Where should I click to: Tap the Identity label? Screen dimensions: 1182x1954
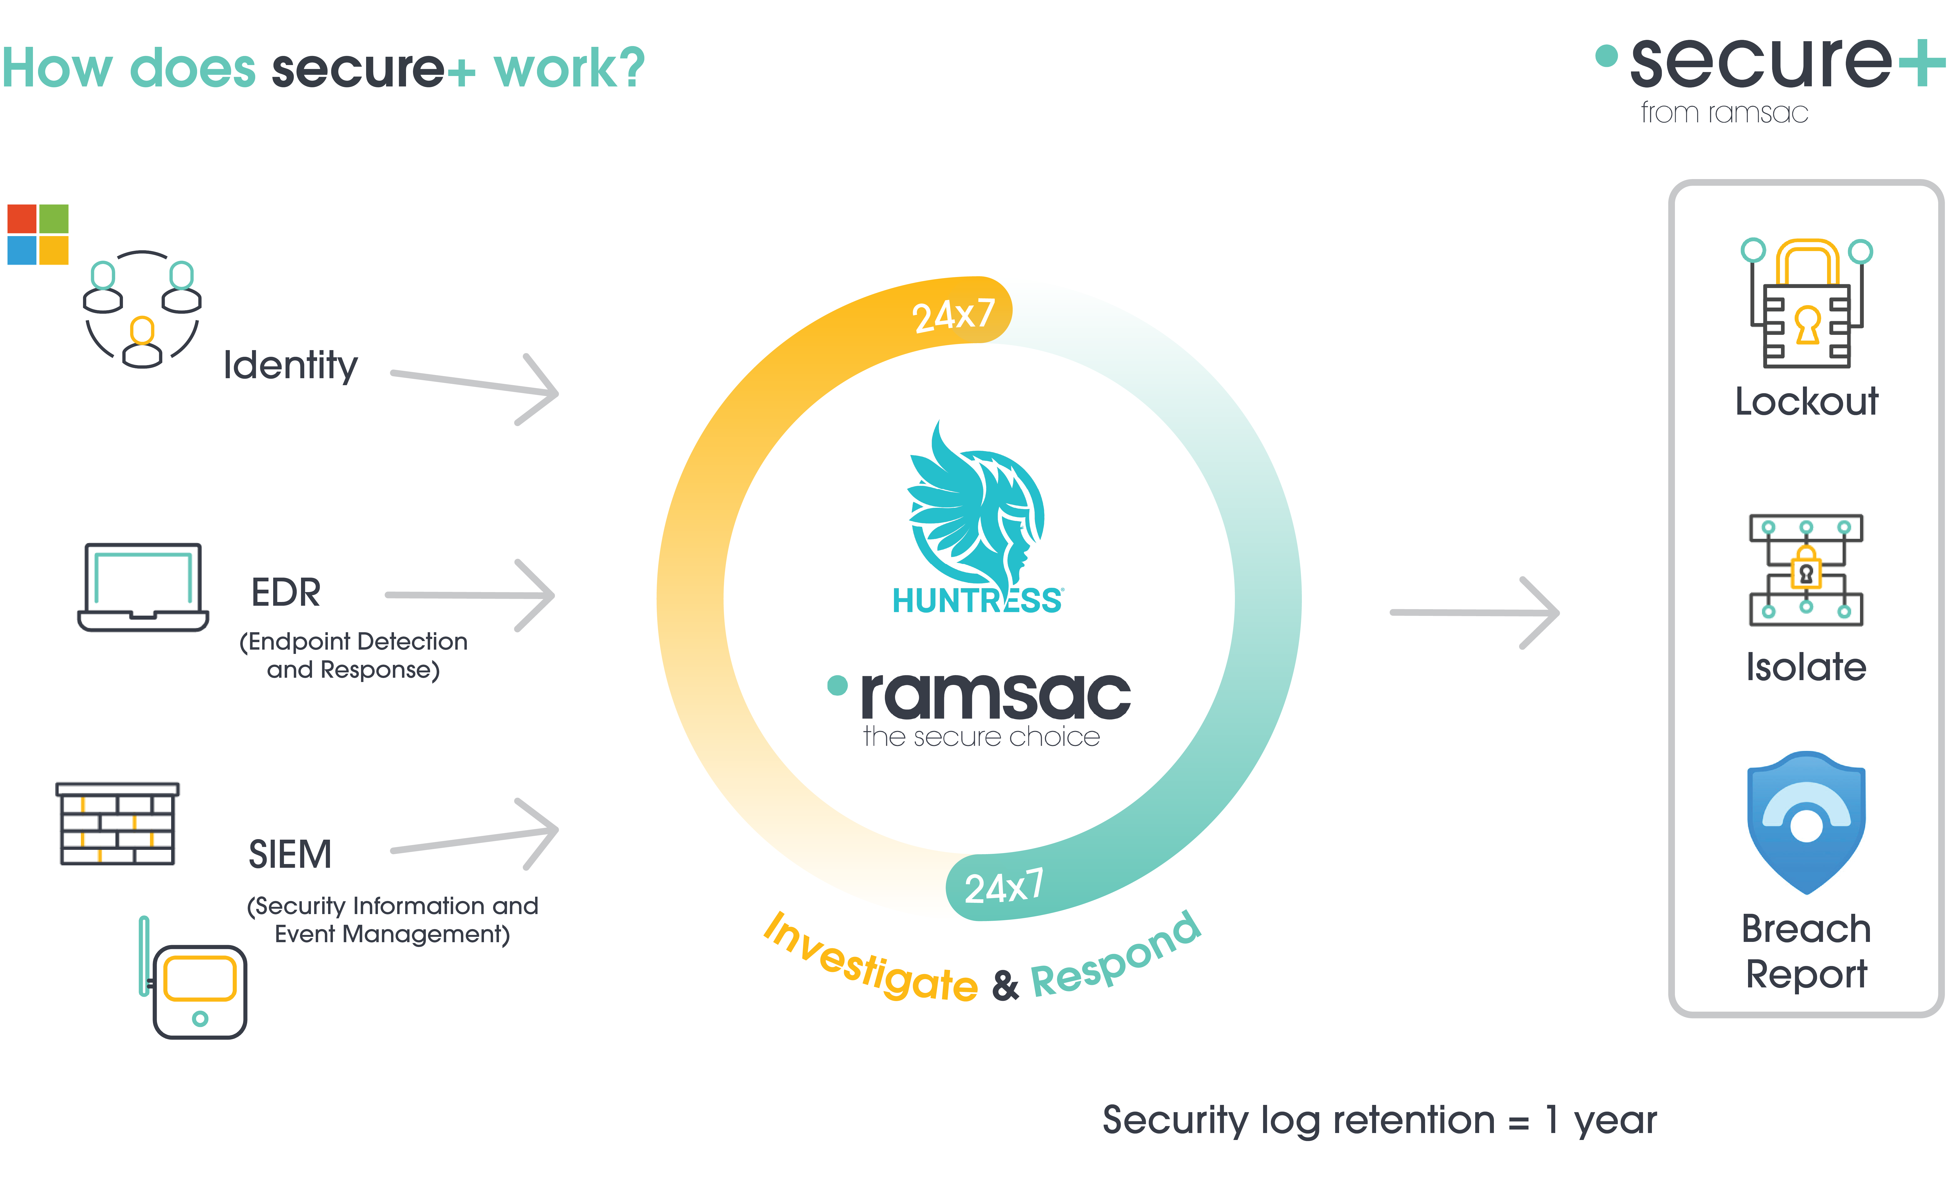pyautogui.click(x=290, y=366)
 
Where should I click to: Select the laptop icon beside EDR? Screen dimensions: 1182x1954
pyautogui.click(x=143, y=587)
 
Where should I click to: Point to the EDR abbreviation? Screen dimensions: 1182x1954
pyautogui.click(x=285, y=593)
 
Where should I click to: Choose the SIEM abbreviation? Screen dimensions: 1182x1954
pyautogui.click(x=290, y=855)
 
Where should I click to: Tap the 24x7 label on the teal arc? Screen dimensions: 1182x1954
pyautogui.click(x=1004, y=886)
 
